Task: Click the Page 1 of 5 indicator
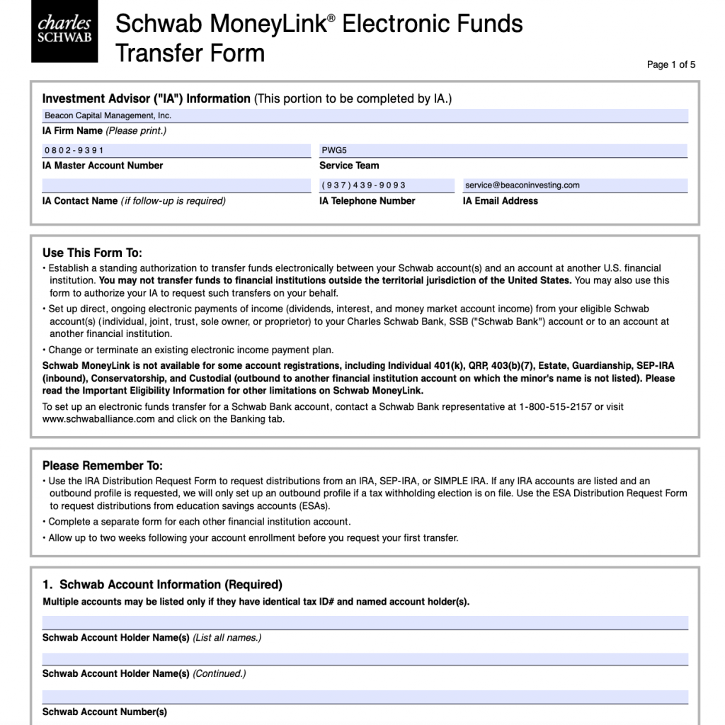(671, 65)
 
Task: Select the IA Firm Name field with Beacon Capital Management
(365, 116)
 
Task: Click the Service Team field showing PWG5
(503, 150)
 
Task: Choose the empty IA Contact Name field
(176, 185)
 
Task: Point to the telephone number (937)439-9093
(364, 185)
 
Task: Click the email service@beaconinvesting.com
(523, 185)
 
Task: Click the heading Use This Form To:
(92, 253)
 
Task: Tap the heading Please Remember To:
(103, 466)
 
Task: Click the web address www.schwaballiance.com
(98, 419)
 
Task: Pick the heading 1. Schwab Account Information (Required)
(162, 585)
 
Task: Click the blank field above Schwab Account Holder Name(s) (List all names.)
(365, 622)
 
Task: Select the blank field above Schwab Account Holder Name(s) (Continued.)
(365, 659)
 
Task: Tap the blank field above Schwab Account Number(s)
(365, 697)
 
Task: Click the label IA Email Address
(501, 201)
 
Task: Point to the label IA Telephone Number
(367, 201)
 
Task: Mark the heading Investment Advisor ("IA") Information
(147, 99)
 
